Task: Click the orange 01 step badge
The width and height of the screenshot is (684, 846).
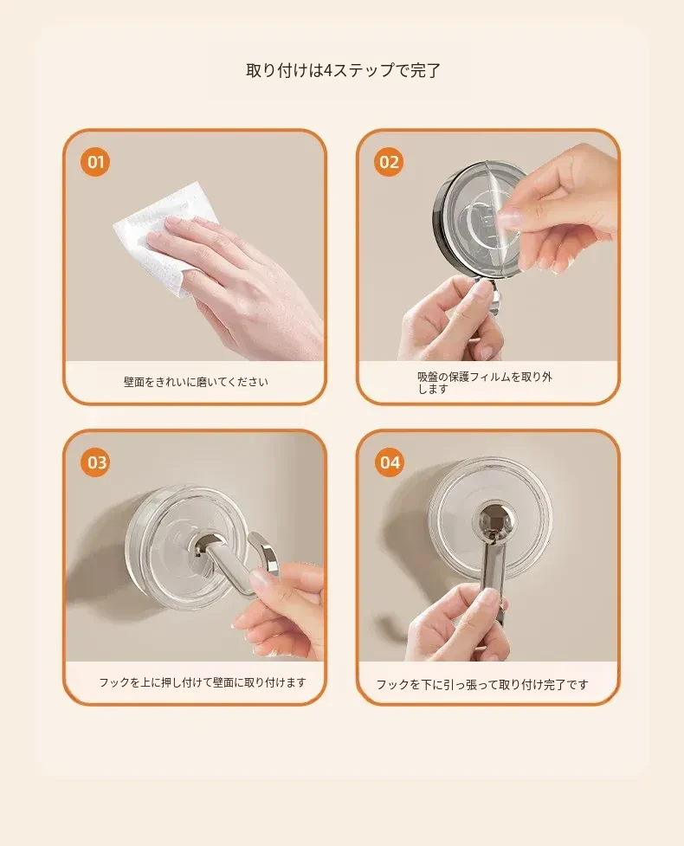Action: [x=95, y=162]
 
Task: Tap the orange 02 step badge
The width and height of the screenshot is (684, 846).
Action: [x=389, y=162]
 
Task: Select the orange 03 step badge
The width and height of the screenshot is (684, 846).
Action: [x=97, y=462]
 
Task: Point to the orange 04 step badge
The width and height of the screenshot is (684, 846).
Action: [x=390, y=462]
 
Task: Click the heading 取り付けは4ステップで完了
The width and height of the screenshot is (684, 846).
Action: [x=343, y=70]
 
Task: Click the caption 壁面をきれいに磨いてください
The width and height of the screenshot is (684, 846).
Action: [x=196, y=382]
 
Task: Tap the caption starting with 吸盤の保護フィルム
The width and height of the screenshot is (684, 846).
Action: [x=484, y=383]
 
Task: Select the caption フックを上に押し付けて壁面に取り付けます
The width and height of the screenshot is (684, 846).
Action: [x=203, y=682]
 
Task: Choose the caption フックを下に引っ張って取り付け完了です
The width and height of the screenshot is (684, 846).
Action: [x=481, y=685]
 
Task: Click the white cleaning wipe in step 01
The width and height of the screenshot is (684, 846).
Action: [x=162, y=237]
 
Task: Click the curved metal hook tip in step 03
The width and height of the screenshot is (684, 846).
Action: [x=264, y=552]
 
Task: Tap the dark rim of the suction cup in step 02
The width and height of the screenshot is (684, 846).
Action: [x=440, y=216]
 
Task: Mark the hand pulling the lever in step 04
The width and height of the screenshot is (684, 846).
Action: [x=464, y=626]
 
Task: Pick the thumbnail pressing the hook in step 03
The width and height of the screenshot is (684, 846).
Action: [x=259, y=580]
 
